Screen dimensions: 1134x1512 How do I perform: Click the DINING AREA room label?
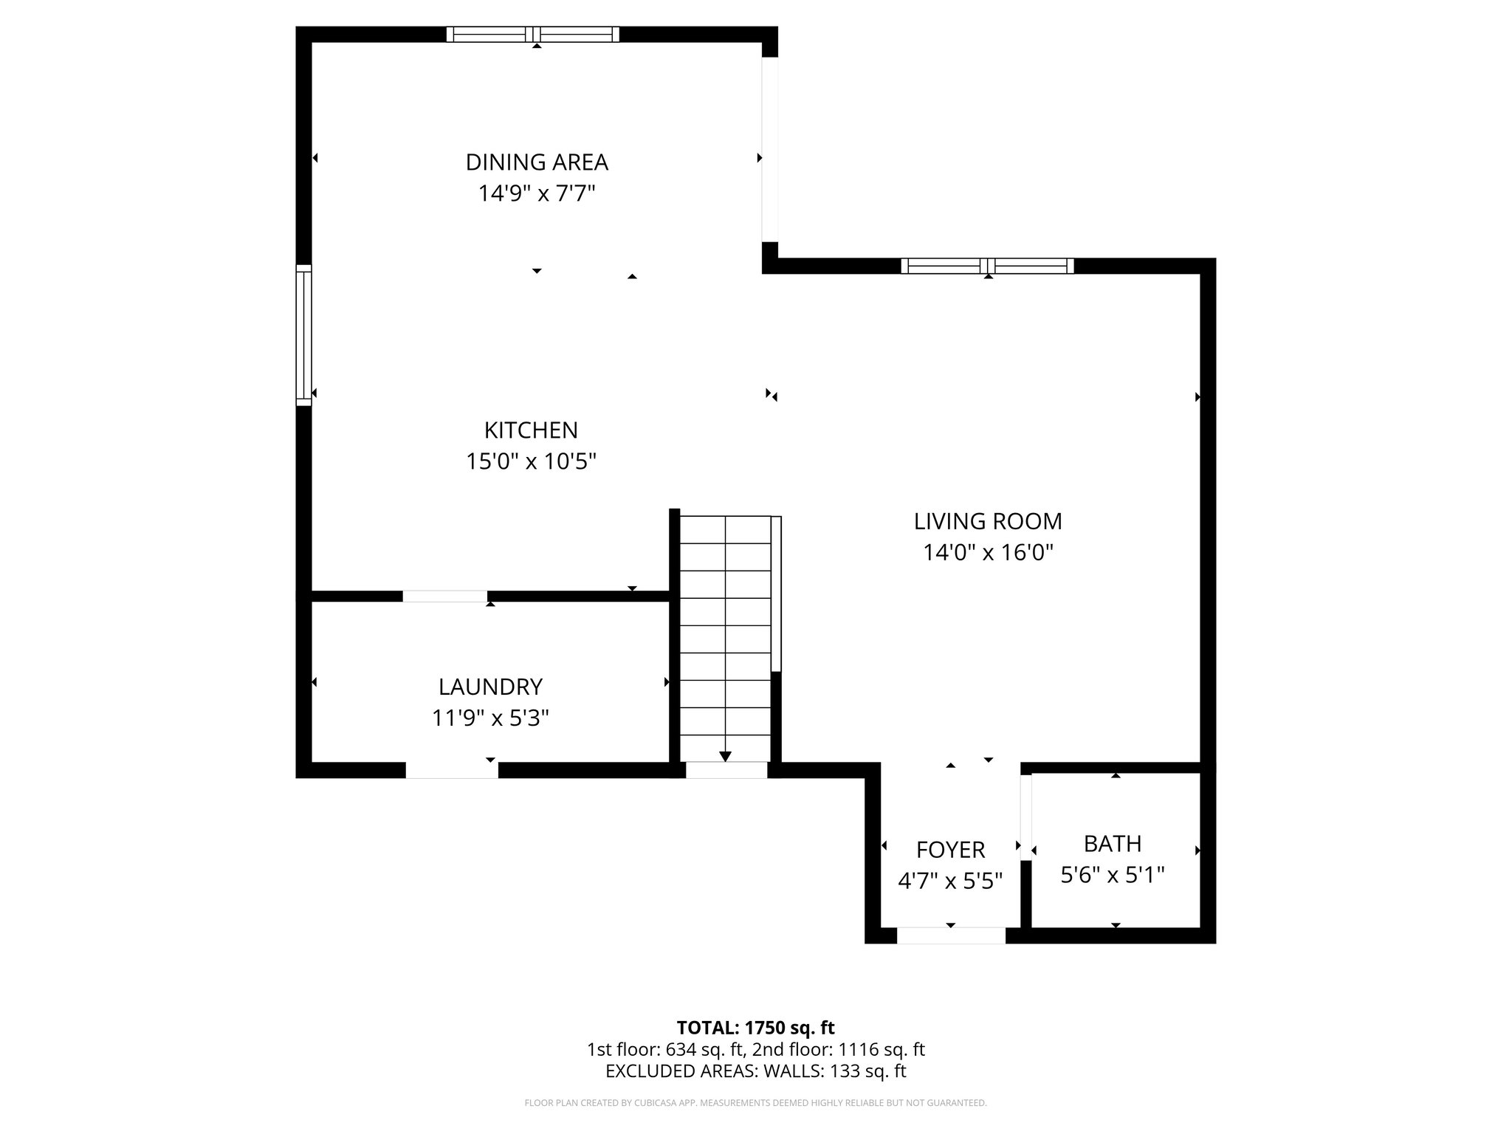pyautogui.click(x=537, y=162)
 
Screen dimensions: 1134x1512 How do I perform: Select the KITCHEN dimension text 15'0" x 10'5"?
pyautogui.click(x=531, y=461)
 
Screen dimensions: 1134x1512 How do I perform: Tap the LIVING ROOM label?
pyautogui.click(x=988, y=521)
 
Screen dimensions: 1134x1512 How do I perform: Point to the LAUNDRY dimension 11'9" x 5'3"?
pyautogui.click(x=490, y=718)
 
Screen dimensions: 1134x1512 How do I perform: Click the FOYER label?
pyautogui.click(x=950, y=850)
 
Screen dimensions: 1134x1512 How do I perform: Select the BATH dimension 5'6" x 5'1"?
pyautogui.click(x=1113, y=875)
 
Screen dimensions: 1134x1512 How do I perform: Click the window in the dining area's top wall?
pyautogui.click(x=533, y=34)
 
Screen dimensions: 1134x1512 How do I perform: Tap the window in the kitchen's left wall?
pyautogui.click(x=303, y=334)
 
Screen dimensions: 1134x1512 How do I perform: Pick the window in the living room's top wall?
pyautogui.click(x=988, y=266)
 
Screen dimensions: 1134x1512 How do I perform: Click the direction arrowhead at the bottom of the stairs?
pyautogui.click(x=725, y=756)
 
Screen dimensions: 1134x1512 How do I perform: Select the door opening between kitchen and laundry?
pyautogui.click(x=444, y=596)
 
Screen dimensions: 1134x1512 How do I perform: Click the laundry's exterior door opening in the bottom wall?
pyautogui.click(x=452, y=770)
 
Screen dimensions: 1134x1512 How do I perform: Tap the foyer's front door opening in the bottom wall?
pyautogui.click(x=951, y=935)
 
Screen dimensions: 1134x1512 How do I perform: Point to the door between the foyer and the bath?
pyautogui.click(x=1025, y=817)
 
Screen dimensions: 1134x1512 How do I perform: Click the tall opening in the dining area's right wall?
pyautogui.click(x=770, y=150)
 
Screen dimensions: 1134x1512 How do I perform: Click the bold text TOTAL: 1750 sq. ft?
pyautogui.click(x=755, y=1028)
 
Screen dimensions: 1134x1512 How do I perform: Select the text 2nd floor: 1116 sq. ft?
pyautogui.click(x=838, y=1050)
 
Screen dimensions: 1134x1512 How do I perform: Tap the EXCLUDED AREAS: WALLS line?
pyautogui.click(x=755, y=1071)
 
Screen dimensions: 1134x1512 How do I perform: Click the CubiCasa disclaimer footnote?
pyautogui.click(x=755, y=1103)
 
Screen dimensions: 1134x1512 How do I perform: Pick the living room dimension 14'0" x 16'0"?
pyautogui.click(x=988, y=553)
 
